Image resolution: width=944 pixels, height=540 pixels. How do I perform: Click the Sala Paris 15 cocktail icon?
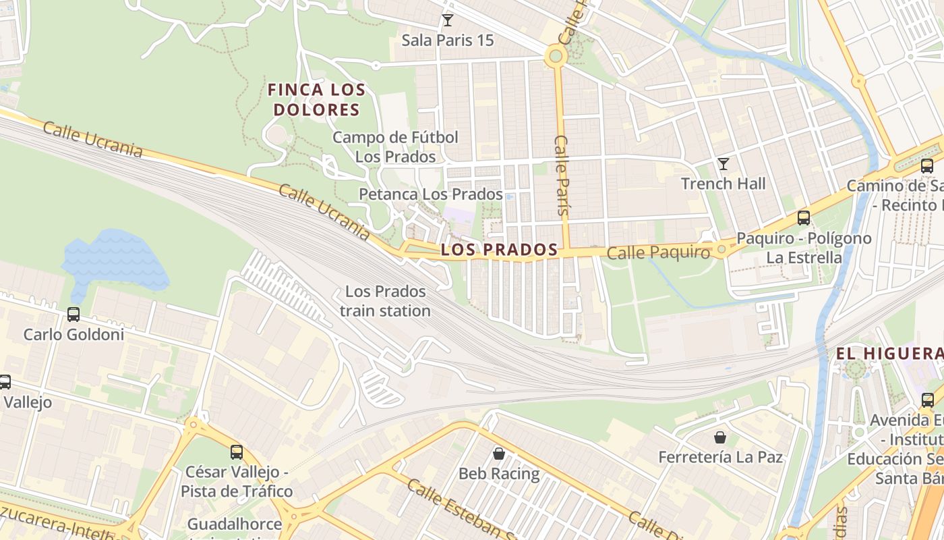[x=447, y=20]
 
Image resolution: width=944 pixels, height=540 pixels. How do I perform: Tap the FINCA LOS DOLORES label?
[x=316, y=99]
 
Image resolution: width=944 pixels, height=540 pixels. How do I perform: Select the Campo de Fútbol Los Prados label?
[x=395, y=146]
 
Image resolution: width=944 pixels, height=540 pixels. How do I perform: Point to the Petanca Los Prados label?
[x=430, y=194]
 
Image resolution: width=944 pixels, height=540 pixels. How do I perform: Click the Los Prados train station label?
[x=385, y=301]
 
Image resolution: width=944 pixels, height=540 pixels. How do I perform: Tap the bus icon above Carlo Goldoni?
[x=73, y=315]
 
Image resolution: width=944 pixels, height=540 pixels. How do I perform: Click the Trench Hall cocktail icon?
[x=724, y=164]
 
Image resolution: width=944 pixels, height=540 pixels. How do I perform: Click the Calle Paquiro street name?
[x=658, y=253]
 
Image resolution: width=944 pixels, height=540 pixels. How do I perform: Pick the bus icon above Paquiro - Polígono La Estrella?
[x=803, y=218]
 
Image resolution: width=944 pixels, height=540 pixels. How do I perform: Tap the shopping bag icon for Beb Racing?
[x=499, y=454]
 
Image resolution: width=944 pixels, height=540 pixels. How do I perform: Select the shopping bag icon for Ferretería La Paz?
[x=720, y=437]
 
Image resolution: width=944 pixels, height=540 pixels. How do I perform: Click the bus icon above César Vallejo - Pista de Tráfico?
[x=236, y=452]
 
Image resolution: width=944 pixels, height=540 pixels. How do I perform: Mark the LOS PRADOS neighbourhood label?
[x=499, y=250]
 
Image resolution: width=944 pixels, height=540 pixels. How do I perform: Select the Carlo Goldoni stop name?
[x=73, y=334]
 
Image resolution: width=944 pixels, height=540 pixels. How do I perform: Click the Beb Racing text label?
[x=499, y=474]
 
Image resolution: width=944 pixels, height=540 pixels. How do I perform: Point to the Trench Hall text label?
[x=724, y=184]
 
